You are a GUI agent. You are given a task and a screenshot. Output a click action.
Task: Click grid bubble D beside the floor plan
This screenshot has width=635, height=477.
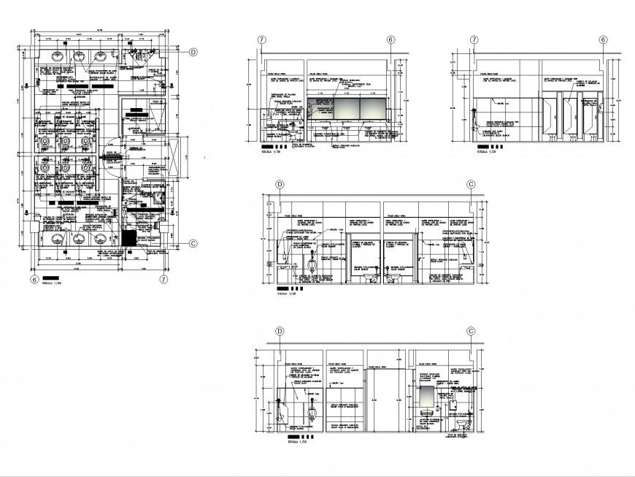[193, 52]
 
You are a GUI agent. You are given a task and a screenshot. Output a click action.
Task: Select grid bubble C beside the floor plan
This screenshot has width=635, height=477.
[193, 243]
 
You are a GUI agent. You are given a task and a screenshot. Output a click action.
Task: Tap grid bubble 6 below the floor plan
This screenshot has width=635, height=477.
[34, 279]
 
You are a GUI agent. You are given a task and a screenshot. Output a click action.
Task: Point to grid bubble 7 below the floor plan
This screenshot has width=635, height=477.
[164, 279]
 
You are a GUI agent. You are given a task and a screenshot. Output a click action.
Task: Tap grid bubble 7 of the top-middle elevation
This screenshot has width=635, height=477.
[261, 40]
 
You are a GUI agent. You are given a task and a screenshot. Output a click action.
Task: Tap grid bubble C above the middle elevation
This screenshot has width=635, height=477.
[471, 185]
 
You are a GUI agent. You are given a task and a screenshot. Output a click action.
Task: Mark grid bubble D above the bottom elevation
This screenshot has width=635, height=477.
[280, 331]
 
